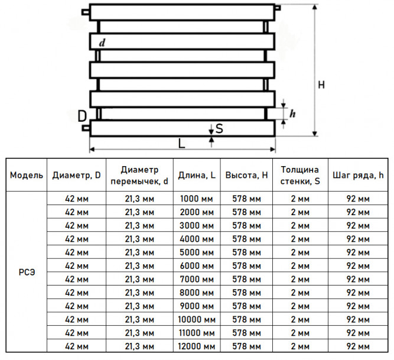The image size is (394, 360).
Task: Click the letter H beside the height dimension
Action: [321, 85]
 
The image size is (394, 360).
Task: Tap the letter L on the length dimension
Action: [181, 144]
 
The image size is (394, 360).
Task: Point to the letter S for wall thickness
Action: [219, 128]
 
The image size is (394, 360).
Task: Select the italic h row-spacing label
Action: [292, 113]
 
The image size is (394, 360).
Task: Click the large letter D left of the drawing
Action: [82, 116]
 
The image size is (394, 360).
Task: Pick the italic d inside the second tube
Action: [102, 43]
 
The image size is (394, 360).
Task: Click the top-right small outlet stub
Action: [278, 8]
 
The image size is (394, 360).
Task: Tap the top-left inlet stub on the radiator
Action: [86, 12]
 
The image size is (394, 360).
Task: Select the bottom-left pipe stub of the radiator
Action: [86, 128]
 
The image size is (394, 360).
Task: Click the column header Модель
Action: [27, 175]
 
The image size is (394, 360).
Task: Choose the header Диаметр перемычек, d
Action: [139, 175]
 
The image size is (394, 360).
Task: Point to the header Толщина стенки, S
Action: [300, 175]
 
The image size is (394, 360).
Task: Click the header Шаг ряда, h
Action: [358, 175]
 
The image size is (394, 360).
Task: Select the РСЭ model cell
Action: [27, 273]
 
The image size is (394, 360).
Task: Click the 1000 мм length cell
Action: [197, 199]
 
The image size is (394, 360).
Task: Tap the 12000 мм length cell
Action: [197, 346]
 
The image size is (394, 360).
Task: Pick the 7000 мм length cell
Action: [197, 279]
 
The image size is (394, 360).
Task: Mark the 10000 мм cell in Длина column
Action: [197, 320]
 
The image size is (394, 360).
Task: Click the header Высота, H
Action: [246, 175]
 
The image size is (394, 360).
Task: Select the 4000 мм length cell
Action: [197, 239]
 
